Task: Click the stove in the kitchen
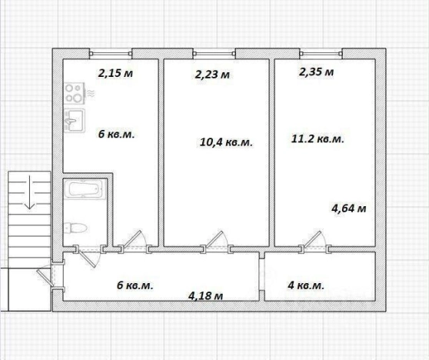tap(74, 93)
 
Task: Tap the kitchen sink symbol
tap(74, 121)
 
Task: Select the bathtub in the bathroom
tap(84, 188)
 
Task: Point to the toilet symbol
tap(75, 228)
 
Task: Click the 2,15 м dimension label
tap(115, 73)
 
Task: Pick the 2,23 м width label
tap(212, 75)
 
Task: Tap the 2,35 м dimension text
tap(316, 72)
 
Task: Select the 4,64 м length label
tap(348, 208)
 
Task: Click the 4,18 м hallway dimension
tap(205, 295)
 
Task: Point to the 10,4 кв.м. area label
tap(226, 142)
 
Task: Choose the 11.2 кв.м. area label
tap(318, 138)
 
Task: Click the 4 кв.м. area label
tap(306, 285)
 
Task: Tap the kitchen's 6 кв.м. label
tap(117, 134)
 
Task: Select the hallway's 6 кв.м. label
tap(135, 285)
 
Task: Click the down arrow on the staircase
tap(29, 192)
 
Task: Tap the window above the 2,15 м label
tap(111, 54)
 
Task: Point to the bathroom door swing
tap(88, 258)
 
